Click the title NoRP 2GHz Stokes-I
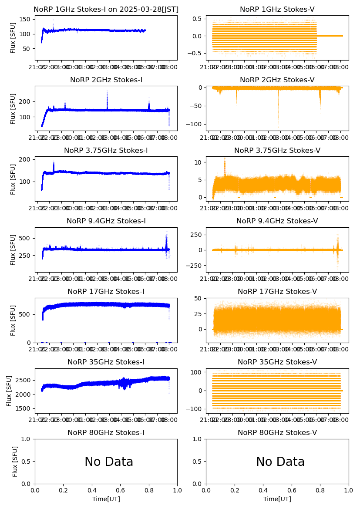(x=106, y=80)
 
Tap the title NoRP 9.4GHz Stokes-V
(x=277, y=221)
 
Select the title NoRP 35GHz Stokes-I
(x=106, y=362)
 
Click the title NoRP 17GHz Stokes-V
(x=277, y=292)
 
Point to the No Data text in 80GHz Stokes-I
(x=109, y=462)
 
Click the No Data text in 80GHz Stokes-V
(x=280, y=462)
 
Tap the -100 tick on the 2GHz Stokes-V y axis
(x=196, y=125)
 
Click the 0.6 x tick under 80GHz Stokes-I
(x=121, y=490)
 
